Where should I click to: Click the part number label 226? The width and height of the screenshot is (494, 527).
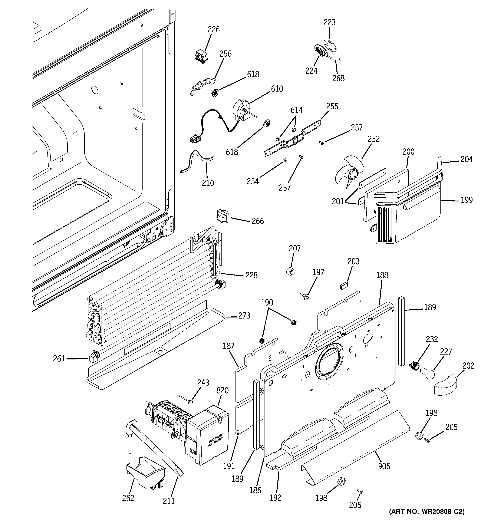pyautogui.click(x=213, y=29)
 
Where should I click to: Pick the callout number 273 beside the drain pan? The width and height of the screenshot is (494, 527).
pyautogui.click(x=244, y=316)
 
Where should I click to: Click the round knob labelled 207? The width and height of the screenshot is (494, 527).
pyautogui.click(x=291, y=272)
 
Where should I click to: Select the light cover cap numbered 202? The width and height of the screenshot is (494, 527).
pyautogui.click(x=445, y=385)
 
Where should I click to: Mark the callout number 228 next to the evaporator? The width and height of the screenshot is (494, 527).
pyautogui.click(x=251, y=276)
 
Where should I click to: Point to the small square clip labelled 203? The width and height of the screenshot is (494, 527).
pyautogui.click(x=344, y=286)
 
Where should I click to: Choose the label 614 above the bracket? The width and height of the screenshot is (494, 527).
pyautogui.click(x=296, y=110)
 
